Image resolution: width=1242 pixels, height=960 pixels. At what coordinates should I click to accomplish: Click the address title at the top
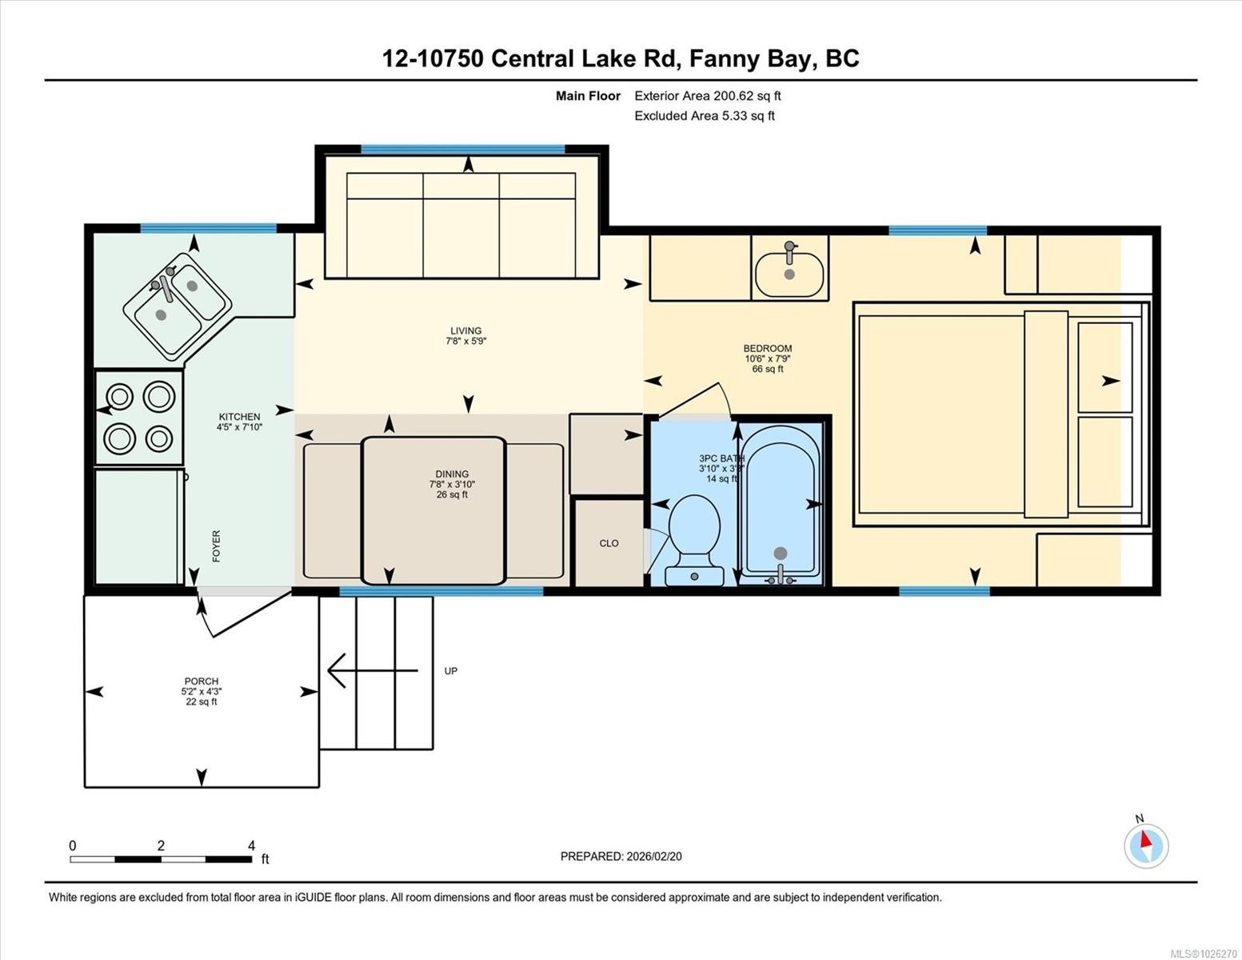[x=621, y=58]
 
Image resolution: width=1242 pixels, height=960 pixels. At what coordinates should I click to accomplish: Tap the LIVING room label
[x=465, y=330]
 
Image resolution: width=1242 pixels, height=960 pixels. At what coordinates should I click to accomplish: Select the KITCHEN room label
[x=239, y=417]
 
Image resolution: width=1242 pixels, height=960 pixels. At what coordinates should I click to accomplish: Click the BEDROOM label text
[x=767, y=348]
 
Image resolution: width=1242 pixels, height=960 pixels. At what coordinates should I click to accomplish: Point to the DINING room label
[x=452, y=474]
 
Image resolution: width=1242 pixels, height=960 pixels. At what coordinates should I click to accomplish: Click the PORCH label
[x=201, y=682]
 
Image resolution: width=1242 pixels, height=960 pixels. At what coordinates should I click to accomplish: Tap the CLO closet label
[x=609, y=543]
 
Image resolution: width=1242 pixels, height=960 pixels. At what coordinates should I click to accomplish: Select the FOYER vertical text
[x=216, y=546]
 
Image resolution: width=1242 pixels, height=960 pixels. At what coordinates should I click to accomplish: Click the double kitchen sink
[x=177, y=305]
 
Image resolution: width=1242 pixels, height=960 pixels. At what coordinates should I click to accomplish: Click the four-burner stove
[x=139, y=417]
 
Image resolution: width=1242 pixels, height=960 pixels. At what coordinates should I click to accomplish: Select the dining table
[x=433, y=510]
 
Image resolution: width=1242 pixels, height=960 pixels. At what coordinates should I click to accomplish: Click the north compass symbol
[x=1146, y=845]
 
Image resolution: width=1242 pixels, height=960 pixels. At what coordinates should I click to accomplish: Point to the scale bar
[x=161, y=859]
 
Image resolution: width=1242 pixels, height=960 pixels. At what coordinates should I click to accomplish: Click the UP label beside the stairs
[x=451, y=671]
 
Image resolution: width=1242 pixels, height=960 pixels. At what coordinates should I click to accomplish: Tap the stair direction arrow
[x=372, y=670]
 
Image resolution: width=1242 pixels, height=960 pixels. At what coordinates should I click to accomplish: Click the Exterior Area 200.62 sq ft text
[x=707, y=96]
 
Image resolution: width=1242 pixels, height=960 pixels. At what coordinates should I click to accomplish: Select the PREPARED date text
[x=621, y=856]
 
